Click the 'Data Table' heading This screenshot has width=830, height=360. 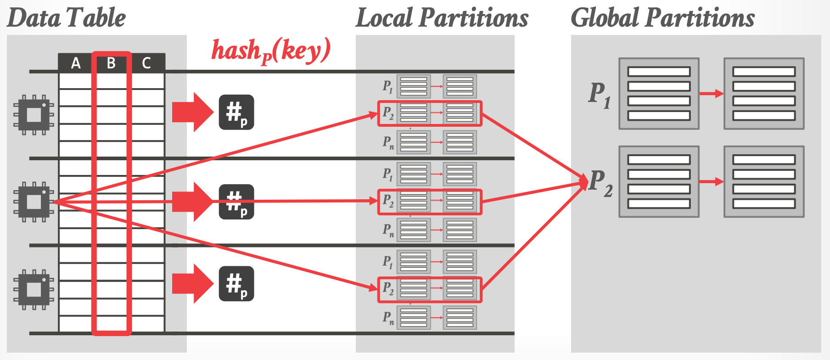coord(67,18)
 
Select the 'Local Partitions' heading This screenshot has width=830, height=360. coord(442,18)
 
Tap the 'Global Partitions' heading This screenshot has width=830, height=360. coord(662,18)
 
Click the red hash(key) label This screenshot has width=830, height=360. coord(270,51)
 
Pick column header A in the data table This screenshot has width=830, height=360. coord(76,63)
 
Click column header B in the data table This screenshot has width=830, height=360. coord(111,63)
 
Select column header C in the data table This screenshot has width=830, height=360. coord(146,63)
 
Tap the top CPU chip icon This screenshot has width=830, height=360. coord(34,115)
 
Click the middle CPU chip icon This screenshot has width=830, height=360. coord(34,202)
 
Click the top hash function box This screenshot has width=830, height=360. coord(236,112)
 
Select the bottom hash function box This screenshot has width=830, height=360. coord(236,284)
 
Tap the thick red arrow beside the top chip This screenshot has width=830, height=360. coord(192,112)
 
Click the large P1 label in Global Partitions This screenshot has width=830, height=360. coord(600,95)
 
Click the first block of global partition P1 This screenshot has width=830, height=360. coord(659,94)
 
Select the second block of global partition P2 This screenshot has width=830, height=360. coord(764,182)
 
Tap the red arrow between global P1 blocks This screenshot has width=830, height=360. coord(711,94)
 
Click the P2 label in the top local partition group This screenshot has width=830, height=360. coord(388,113)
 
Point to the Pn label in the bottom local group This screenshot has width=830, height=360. coord(388,317)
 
